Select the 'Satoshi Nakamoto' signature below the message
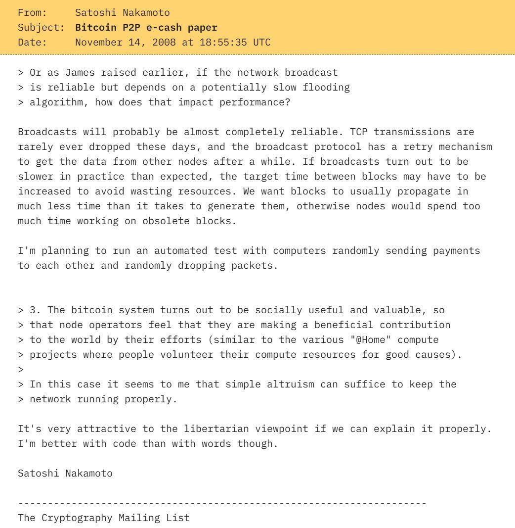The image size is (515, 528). [65, 473]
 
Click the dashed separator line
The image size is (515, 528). [222, 503]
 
